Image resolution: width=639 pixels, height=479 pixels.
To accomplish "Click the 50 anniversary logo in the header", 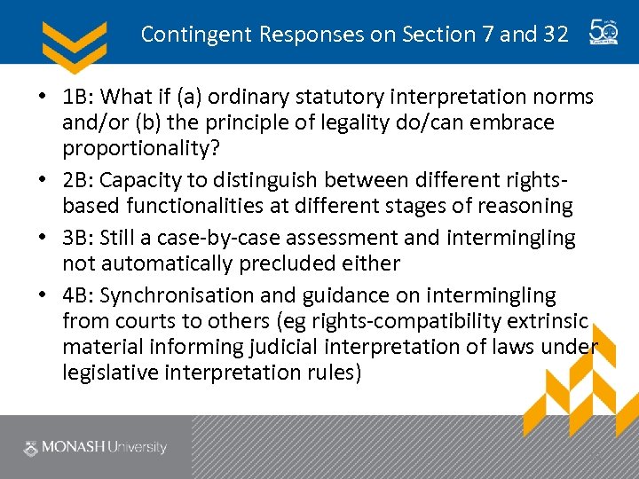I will click(605, 33).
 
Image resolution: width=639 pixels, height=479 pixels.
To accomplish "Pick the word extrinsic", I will click(540, 320).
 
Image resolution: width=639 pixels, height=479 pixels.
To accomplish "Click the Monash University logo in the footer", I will click(96, 447).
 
